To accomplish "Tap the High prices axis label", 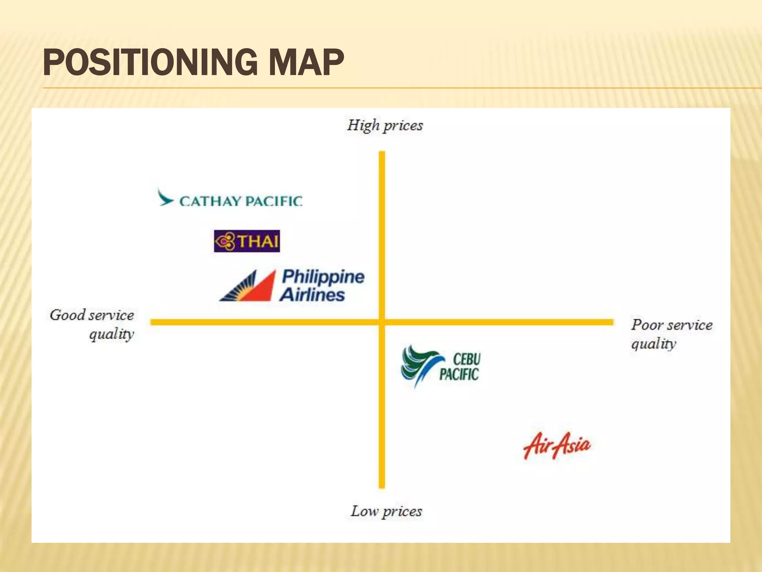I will point(385,125).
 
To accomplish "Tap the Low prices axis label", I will point(386,511).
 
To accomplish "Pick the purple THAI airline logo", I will point(247,241).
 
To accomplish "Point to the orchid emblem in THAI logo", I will point(225,241).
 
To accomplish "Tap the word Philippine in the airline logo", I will point(323,277).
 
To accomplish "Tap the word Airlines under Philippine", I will point(312,295).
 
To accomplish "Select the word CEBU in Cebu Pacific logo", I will point(467,359).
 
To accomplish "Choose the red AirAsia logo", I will point(557,445).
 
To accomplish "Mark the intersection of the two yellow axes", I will point(382,322).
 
